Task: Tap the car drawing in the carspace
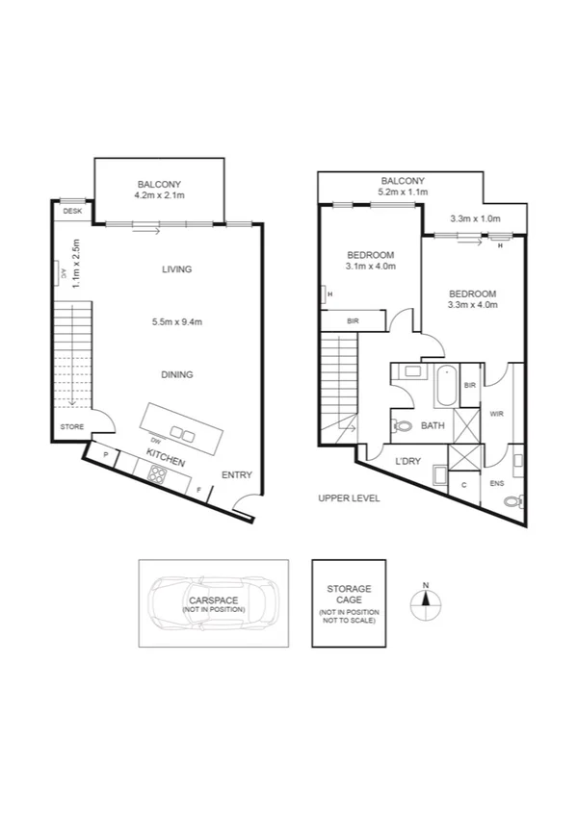(x=213, y=602)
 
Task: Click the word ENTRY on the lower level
(x=236, y=475)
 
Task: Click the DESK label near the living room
(x=71, y=211)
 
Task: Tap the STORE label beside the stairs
(x=72, y=426)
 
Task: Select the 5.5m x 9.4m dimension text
(x=177, y=322)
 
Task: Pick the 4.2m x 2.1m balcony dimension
(x=159, y=195)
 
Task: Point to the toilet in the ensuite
(x=519, y=499)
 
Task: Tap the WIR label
(x=497, y=415)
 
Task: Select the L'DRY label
(x=409, y=462)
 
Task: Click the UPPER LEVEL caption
(x=350, y=498)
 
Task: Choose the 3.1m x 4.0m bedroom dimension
(x=370, y=267)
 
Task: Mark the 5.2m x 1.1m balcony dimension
(x=402, y=192)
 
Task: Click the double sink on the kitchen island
(x=181, y=435)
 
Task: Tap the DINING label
(x=177, y=375)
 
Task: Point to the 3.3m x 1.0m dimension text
(x=476, y=218)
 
